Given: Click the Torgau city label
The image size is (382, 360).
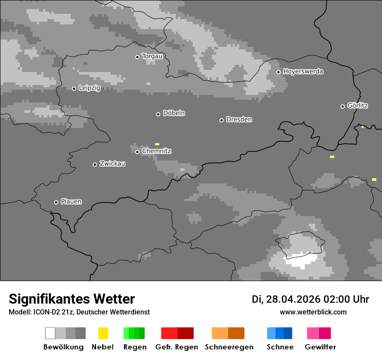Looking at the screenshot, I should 152,56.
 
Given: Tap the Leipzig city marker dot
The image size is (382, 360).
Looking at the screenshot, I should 74,88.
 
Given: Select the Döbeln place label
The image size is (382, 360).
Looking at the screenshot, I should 174,113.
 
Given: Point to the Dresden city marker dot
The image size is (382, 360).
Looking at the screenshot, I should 221,120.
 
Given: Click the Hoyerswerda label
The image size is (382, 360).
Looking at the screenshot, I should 303,72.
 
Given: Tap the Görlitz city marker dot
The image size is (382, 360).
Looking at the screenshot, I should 342,106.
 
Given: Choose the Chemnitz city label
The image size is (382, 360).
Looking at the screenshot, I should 156,151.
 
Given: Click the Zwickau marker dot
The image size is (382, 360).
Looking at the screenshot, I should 95,164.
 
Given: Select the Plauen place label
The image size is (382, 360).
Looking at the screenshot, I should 71,202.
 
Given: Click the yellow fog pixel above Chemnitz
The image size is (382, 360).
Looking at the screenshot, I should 157,144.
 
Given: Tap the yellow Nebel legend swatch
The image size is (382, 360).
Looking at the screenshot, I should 103,333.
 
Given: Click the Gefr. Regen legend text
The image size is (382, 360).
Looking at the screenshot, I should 177,347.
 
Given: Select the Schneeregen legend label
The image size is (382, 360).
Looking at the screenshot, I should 229,347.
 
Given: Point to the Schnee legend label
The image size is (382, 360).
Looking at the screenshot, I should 280,347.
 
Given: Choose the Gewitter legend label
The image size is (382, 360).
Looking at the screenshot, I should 320,347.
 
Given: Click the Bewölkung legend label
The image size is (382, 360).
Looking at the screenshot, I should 63,347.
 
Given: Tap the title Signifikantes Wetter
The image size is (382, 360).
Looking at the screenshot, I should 72,299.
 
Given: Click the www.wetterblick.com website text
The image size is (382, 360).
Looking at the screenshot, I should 313,312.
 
